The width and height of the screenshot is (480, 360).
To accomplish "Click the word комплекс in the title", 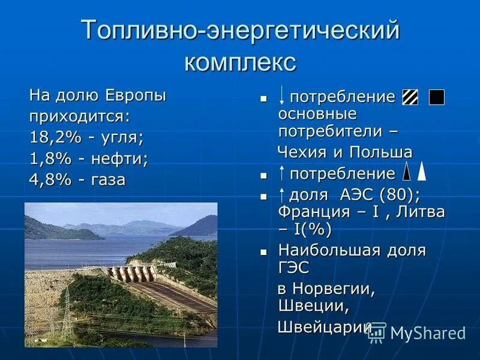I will pyautogui.click(x=240, y=61).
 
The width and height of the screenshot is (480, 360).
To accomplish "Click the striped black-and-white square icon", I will pyautogui.click(x=410, y=97).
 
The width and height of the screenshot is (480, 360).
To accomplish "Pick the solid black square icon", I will pyautogui.click(x=437, y=97).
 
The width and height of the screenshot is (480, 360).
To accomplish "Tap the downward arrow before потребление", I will pyautogui.click(x=282, y=96).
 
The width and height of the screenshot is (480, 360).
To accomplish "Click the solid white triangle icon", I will pyautogui.click(x=422, y=172).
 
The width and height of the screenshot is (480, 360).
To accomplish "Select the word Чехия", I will pyautogui.click(x=299, y=152).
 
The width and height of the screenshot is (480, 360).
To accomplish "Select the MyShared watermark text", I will pyautogui.click(x=427, y=333).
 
